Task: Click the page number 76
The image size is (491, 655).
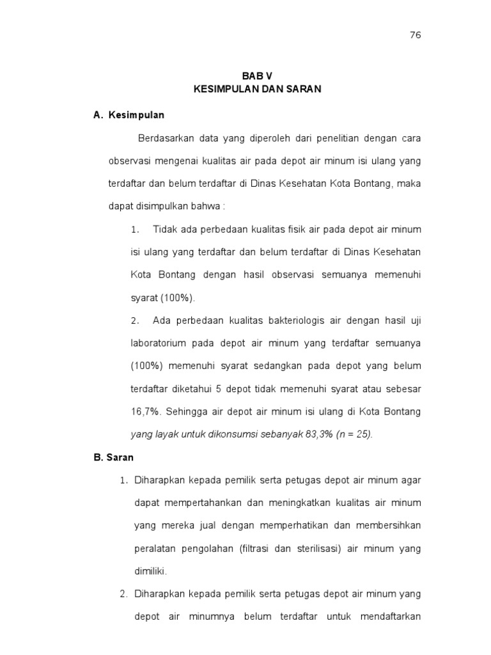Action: tap(416, 35)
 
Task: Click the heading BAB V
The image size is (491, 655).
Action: tap(257, 75)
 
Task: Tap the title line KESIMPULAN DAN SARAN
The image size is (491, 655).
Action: tap(257, 90)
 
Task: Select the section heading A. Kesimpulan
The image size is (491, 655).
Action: tap(129, 115)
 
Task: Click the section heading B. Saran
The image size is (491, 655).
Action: tap(113, 457)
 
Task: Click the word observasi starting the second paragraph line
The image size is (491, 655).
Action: tap(130, 161)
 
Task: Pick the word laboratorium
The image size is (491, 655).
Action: tap(159, 343)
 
